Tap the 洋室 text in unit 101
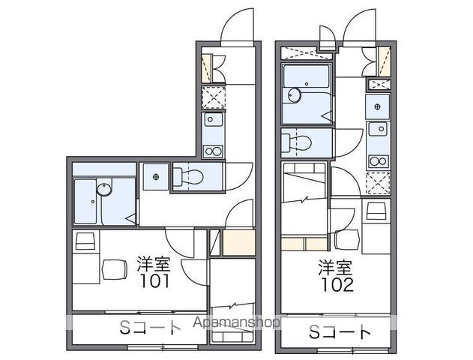(x=153, y=263)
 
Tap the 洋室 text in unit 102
(x=335, y=267)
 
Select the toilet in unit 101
(x=190, y=177)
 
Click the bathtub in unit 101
(x=94, y=201)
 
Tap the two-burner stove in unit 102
(x=379, y=158)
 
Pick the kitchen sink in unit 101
(x=213, y=120)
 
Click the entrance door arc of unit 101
(x=237, y=26)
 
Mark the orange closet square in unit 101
(x=238, y=243)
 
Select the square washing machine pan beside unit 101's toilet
(x=155, y=177)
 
